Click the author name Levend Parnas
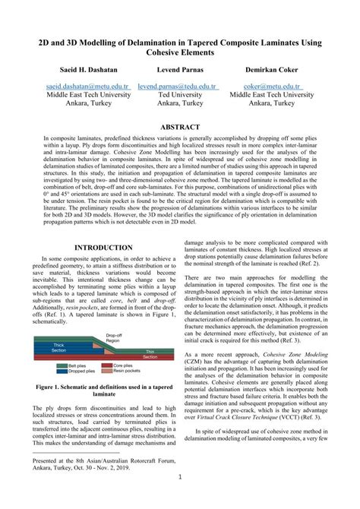[x=183, y=68]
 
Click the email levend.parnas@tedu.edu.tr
[x=186, y=87]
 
